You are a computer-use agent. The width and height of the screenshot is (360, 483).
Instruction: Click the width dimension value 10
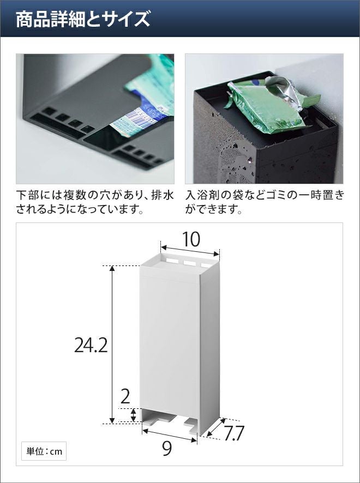(191, 239)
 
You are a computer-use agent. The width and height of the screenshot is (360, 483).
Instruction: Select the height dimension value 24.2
(91, 345)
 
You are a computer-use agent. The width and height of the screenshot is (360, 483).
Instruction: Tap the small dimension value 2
(125, 397)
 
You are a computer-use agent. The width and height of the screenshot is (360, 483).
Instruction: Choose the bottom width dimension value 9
(167, 449)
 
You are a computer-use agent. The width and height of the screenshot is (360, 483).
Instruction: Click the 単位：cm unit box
(44, 451)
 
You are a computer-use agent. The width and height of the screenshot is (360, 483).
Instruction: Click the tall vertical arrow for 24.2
(112, 345)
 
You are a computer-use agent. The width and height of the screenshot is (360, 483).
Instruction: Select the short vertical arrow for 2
(133, 415)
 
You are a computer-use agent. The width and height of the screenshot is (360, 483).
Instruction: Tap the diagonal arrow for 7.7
(216, 427)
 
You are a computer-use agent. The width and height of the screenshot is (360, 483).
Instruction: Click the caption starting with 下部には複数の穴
(95, 202)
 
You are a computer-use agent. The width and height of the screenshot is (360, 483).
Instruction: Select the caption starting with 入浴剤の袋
(265, 202)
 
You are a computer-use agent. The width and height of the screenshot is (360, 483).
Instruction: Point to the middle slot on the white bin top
(190, 263)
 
